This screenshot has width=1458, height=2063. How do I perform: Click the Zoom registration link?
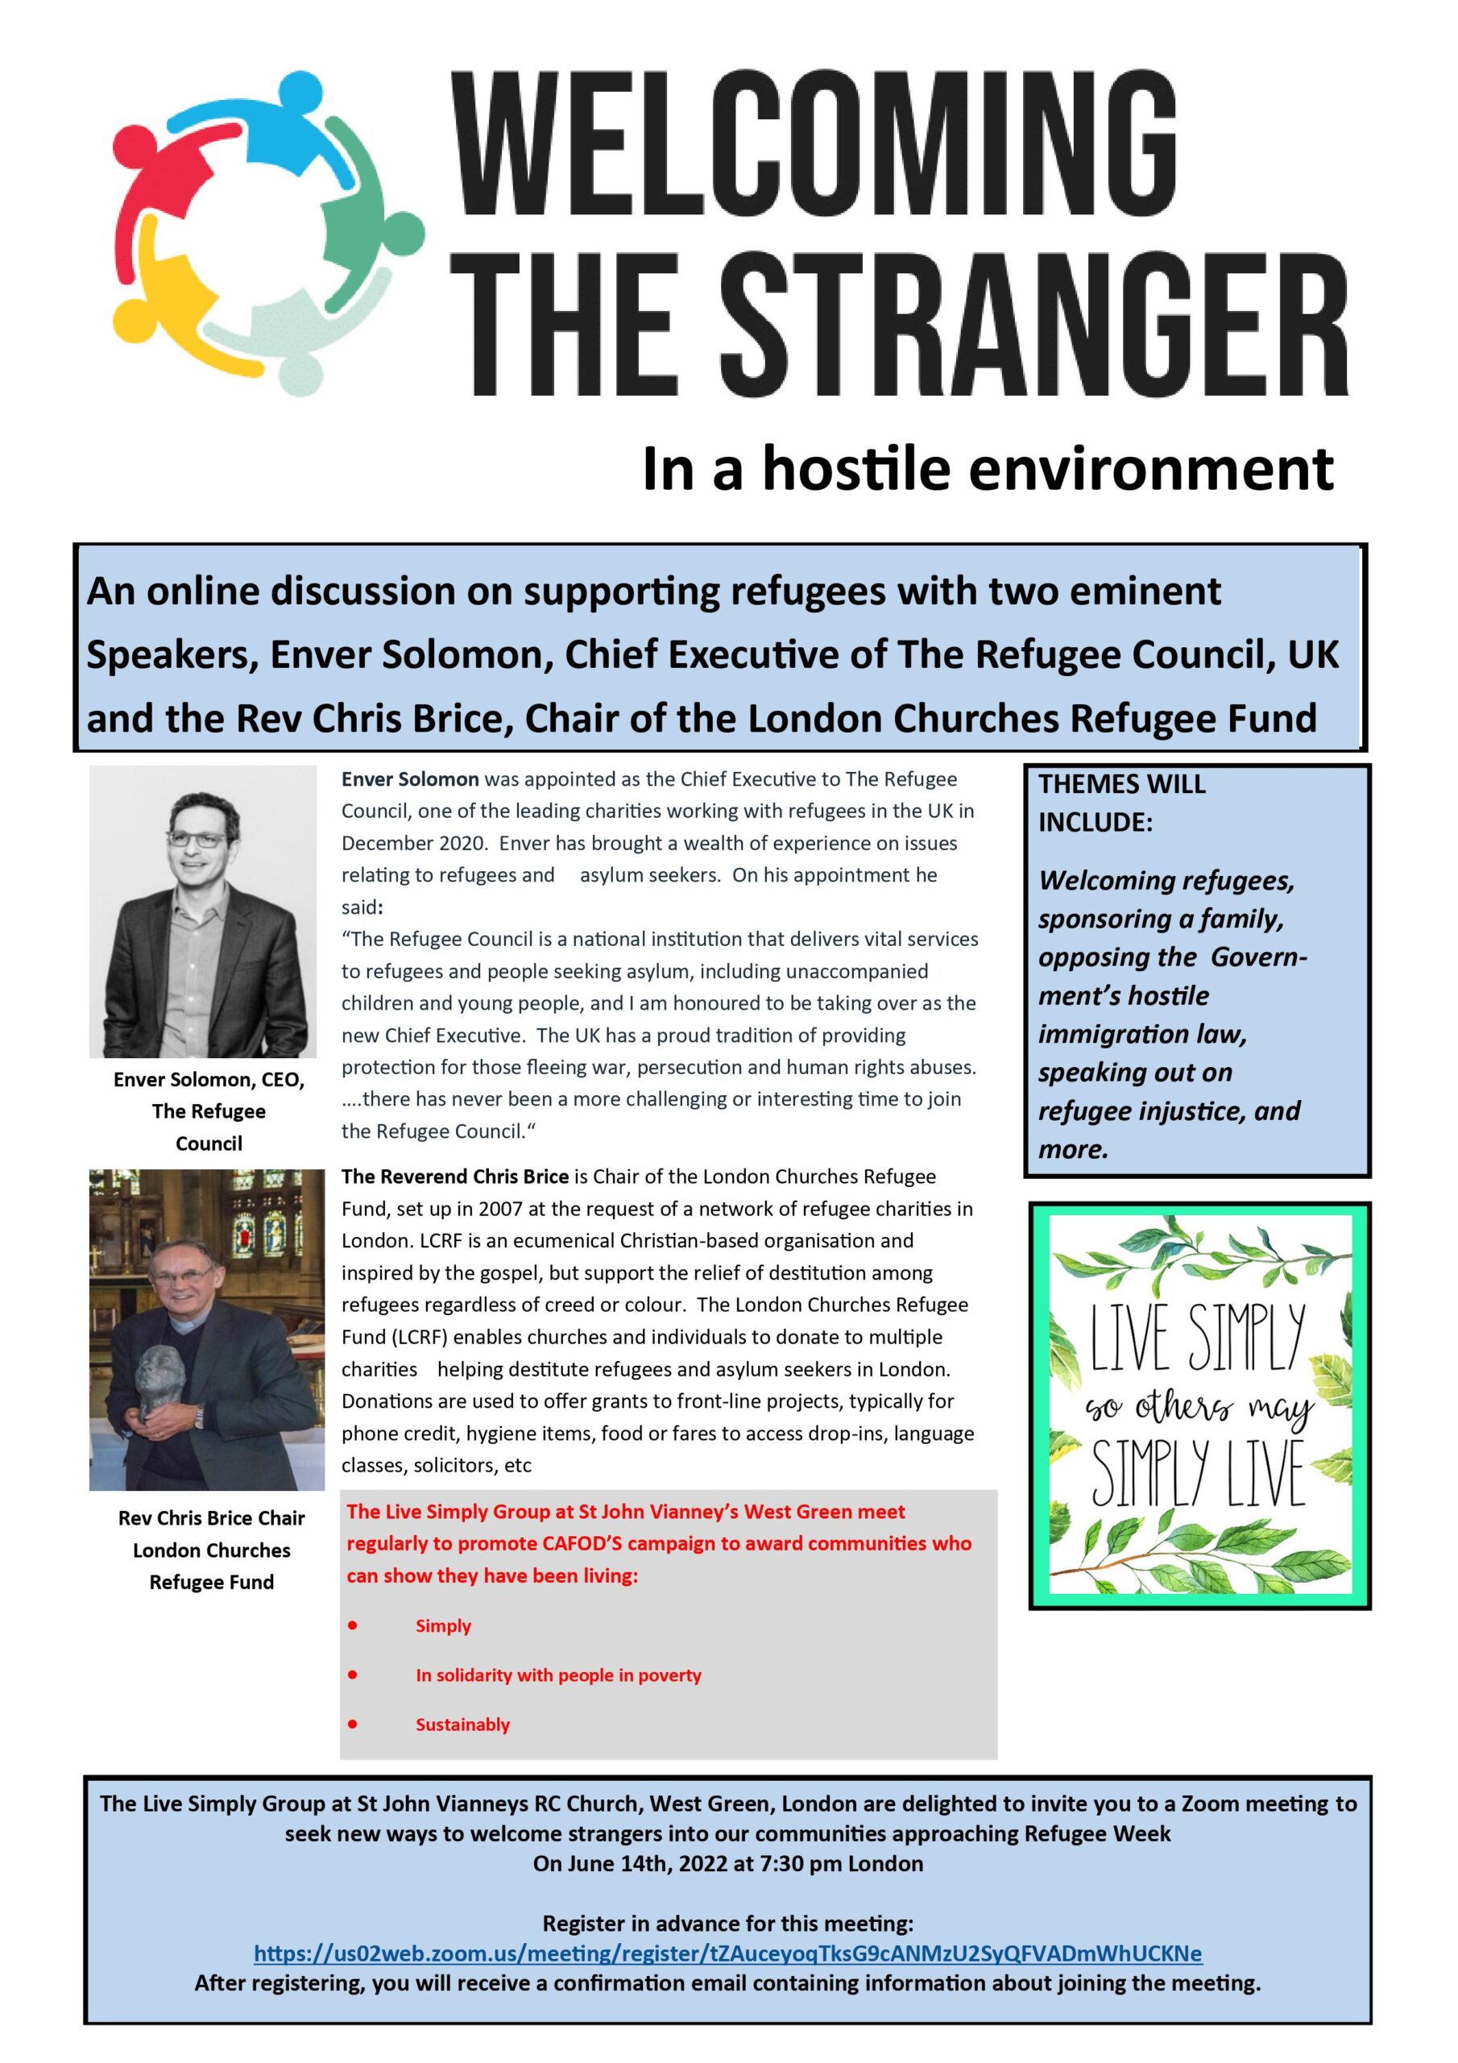(x=727, y=1953)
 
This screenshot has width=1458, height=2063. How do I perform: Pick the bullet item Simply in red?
(x=443, y=1625)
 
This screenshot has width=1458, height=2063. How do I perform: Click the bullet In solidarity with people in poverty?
(x=558, y=1675)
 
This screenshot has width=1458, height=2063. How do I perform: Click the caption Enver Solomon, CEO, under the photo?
(x=209, y=1079)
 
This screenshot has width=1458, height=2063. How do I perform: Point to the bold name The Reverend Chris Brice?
(x=454, y=1177)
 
